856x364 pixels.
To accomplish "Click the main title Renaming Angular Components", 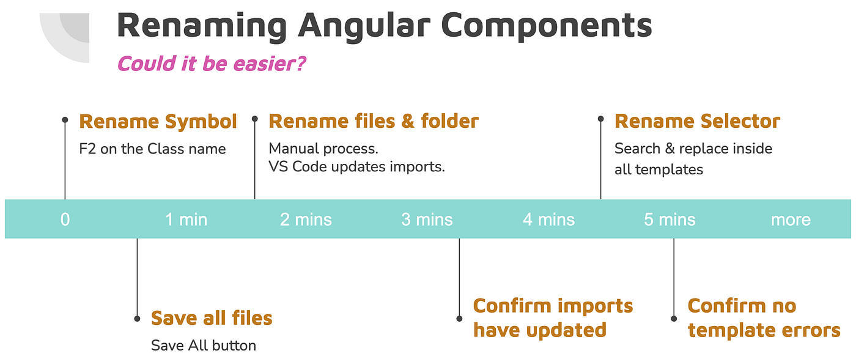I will point(384,26).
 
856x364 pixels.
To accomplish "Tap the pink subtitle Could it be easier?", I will point(211,63).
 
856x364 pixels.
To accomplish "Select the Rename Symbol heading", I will point(158,121).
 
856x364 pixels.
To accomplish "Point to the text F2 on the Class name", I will point(152,149).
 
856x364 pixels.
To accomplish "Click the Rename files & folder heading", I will point(373,121).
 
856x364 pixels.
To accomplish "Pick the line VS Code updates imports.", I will point(356,166).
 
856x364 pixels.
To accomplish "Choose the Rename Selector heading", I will point(697,121).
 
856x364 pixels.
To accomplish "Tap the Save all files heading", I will point(212,318).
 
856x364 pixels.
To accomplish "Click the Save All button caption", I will point(203,345).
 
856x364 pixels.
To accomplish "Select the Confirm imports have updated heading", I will point(553,318).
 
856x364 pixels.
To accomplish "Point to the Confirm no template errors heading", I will point(764,318).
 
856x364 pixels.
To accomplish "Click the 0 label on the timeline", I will point(65,219).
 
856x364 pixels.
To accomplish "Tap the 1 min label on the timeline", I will point(186,219).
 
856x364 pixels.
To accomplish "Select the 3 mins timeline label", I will point(427,219).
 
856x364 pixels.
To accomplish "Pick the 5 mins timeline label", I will point(670,219).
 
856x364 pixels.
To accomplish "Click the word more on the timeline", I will point(791,219).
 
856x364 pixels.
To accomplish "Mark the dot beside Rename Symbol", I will point(65,120).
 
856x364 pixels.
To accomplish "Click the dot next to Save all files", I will point(137,318).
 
